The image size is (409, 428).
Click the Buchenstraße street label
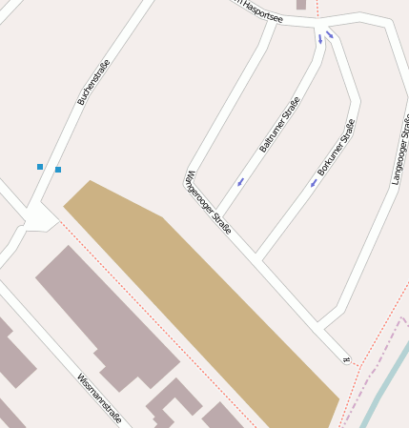(x=94, y=82)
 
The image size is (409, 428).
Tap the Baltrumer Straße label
(x=279, y=124)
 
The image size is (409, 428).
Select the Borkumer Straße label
(x=337, y=147)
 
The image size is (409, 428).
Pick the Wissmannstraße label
(x=99, y=398)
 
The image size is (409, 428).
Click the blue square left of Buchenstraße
(x=40, y=167)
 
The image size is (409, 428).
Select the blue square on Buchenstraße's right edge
(x=58, y=170)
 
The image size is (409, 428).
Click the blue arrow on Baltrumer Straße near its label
(x=240, y=181)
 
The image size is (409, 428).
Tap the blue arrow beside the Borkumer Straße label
(x=313, y=183)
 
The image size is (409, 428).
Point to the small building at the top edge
(x=301, y=5)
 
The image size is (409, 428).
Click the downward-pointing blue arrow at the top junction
(x=320, y=39)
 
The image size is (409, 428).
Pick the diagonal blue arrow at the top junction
(x=330, y=35)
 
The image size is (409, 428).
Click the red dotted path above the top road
(x=317, y=9)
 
